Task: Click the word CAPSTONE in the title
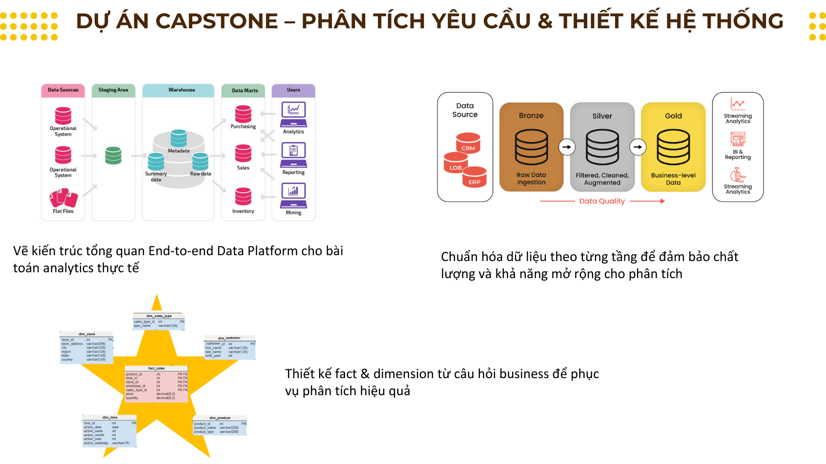tap(217, 21)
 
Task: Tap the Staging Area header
tap(113, 90)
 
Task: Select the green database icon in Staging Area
tap(113, 155)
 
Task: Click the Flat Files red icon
tap(63, 198)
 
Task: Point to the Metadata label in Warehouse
tap(179, 151)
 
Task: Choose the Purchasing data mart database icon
tap(243, 114)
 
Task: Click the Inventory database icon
tap(243, 197)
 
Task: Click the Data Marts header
tap(245, 90)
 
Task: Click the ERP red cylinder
tap(475, 177)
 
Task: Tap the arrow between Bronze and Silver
tap(567, 147)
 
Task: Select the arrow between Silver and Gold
tap(638, 147)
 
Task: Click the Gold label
tap(673, 116)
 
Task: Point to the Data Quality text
tap(602, 201)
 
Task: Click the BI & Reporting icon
tap(738, 139)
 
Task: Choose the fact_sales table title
tap(156, 368)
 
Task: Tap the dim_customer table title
tap(229, 338)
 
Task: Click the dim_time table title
tap(110, 418)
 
